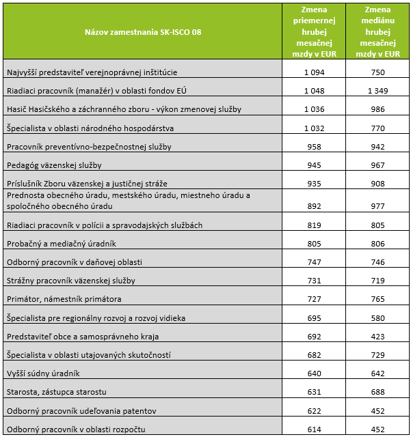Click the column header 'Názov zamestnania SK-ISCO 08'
pyautogui.click(x=143, y=31)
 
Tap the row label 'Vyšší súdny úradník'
pyautogui.click(x=43, y=373)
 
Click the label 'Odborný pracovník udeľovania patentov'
pyautogui.click(x=81, y=411)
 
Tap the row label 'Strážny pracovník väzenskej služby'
pyautogui.click(x=71, y=281)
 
